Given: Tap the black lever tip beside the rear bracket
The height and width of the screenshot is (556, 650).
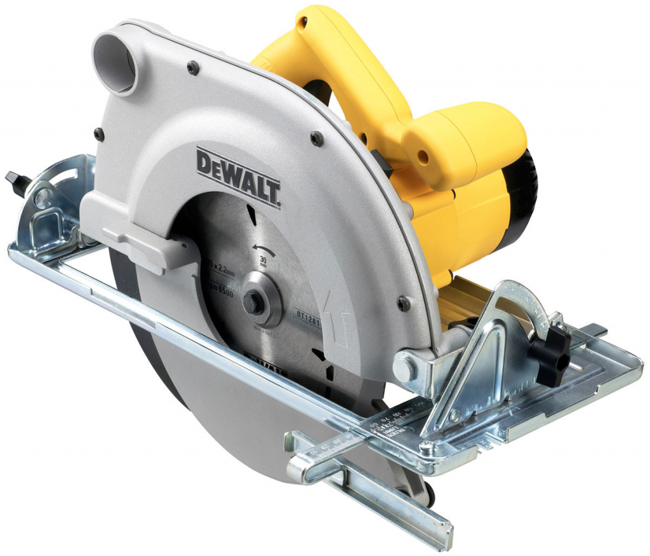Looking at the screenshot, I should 15,182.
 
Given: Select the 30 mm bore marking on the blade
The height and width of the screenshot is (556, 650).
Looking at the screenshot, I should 263,262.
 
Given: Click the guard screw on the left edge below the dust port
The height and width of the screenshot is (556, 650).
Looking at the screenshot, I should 99,134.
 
